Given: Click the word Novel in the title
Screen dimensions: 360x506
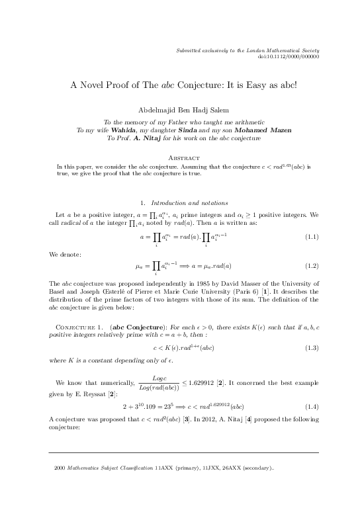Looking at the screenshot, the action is point(97,85).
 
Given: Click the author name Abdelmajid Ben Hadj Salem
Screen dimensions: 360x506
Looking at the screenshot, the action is point(179,110).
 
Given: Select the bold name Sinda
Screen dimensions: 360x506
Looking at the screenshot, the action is point(187,130).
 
